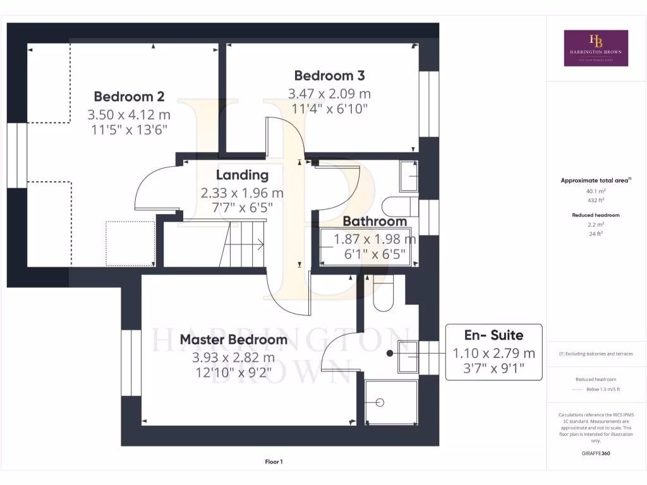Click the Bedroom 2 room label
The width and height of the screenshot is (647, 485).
point(129,97)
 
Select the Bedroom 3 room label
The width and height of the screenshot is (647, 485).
point(329,76)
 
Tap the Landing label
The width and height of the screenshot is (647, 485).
point(242,175)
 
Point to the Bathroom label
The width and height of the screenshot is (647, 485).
point(375,222)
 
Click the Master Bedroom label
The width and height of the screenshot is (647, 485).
point(233,340)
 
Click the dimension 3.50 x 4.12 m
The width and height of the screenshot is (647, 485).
point(129,115)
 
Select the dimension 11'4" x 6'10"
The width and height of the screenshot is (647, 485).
point(329,109)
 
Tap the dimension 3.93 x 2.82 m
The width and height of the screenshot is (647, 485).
point(233,357)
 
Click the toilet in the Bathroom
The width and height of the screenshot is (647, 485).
point(399,207)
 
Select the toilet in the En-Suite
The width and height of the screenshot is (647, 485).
point(383,297)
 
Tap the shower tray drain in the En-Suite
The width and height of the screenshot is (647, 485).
point(380,402)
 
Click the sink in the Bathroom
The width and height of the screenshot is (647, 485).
point(408,176)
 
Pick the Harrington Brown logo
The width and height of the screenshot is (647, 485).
point(596,48)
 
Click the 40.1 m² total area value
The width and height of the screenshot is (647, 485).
point(596,191)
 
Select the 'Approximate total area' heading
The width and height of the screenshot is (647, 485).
point(596,181)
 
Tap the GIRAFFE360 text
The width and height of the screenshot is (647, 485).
point(596,453)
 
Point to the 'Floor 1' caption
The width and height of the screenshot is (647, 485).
point(274,462)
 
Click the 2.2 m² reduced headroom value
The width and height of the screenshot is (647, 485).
point(596,224)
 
